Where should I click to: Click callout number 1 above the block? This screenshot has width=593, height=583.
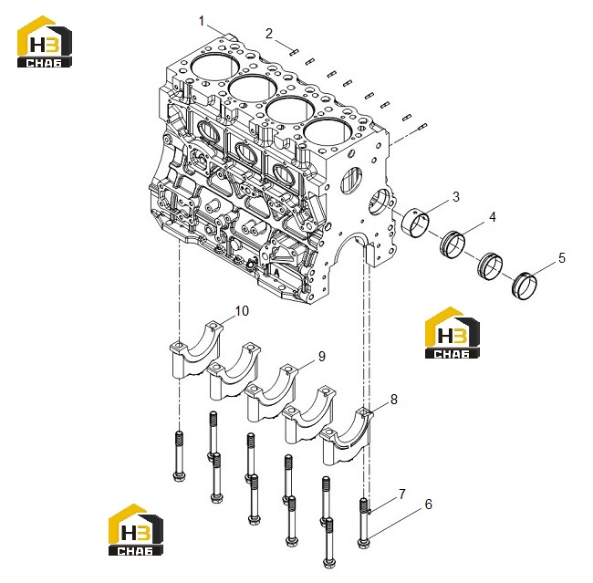(x=202, y=21)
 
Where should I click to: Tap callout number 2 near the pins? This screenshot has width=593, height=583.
(x=269, y=34)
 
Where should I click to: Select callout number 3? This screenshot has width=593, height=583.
(x=456, y=197)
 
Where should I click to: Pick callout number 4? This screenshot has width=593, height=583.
(x=493, y=217)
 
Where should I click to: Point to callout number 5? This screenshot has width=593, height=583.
(x=562, y=258)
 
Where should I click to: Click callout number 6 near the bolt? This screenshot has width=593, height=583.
(x=429, y=504)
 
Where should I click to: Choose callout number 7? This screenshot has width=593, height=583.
(x=402, y=494)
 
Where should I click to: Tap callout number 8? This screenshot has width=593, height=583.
(x=394, y=399)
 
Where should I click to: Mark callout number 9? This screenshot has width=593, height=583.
(x=321, y=357)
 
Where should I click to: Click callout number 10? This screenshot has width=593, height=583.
(x=242, y=311)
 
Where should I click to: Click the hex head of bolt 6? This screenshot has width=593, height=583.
(x=364, y=544)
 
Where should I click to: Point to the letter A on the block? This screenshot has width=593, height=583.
(x=276, y=272)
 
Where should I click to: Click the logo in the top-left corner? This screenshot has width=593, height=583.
(x=45, y=42)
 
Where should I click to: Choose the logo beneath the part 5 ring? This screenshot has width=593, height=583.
(x=453, y=333)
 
